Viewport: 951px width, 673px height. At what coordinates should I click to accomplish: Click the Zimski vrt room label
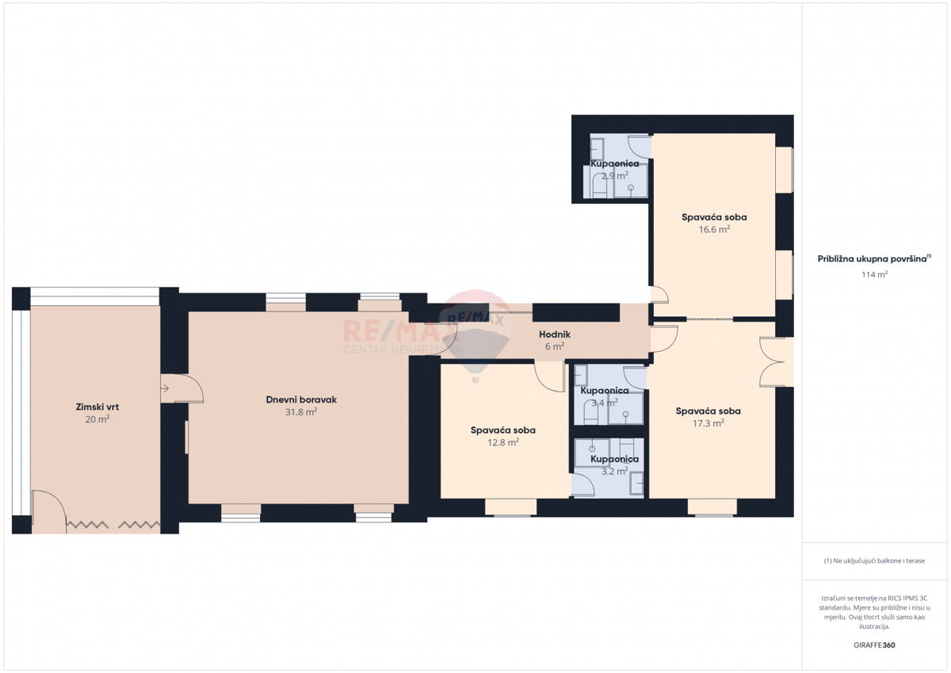(x=97, y=407)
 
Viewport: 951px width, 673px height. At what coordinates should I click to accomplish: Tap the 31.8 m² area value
(x=301, y=412)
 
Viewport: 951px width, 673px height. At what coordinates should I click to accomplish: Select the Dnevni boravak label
(x=301, y=400)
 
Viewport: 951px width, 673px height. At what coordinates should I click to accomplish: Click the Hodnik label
(x=555, y=335)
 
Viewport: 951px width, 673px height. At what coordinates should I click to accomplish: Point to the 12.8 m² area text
(x=502, y=442)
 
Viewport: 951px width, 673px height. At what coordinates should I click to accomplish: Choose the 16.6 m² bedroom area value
(x=714, y=229)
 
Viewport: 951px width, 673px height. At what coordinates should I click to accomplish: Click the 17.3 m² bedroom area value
(x=708, y=423)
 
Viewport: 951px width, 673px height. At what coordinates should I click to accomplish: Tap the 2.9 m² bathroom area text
(x=614, y=175)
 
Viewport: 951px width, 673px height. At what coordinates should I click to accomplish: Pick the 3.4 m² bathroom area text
(x=605, y=402)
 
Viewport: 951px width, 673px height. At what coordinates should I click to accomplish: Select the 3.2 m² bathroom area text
(x=614, y=471)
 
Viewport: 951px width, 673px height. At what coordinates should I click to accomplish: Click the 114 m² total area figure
(x=874, y=274)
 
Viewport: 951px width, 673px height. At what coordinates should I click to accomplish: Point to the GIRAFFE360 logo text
(x=874, y=645)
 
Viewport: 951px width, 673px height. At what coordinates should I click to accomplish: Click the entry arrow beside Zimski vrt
(x=165, y=388)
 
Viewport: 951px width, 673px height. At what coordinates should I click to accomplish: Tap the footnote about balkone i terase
(x=874, y=560)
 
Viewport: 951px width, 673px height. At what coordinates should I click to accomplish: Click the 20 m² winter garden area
(x=97, y=419)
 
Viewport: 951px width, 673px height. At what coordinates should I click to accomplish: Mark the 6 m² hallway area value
(x=555, y=346)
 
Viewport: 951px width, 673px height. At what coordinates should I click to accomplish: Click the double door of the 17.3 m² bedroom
(x=772, y=361)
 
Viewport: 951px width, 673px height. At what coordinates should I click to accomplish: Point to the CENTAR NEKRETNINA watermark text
(x=402, y=349)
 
